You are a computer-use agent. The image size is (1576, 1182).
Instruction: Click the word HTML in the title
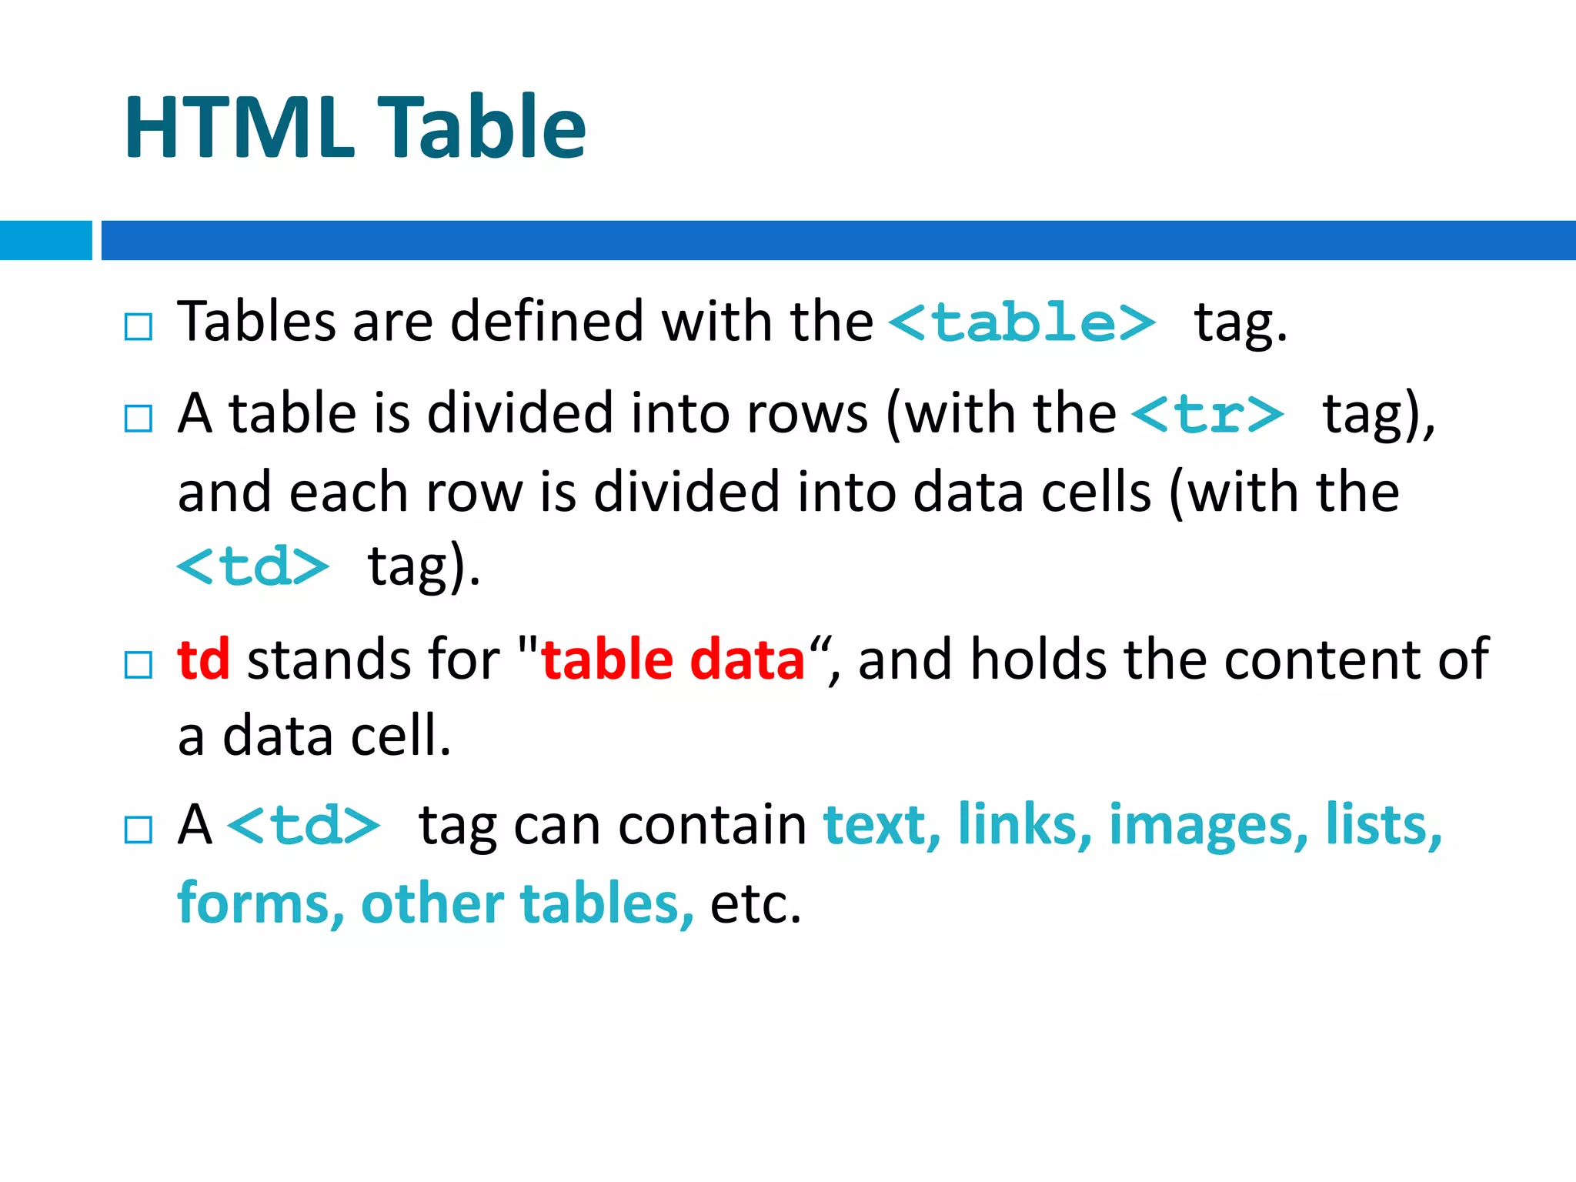(239, 127)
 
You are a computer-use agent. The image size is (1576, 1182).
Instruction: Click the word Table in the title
(485, 127)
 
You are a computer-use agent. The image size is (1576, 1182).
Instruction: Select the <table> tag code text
(1022, 322)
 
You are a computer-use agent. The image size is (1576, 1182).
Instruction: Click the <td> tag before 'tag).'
(253, 567)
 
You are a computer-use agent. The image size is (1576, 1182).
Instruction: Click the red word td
(203, 659)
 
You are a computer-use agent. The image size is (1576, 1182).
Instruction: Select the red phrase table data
(673, 659)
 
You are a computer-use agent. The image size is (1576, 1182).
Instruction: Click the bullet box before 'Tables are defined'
(139, 326)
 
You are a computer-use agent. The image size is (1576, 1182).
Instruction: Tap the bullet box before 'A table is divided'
(139, 419)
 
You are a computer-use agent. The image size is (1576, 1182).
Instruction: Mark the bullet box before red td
(139, 664)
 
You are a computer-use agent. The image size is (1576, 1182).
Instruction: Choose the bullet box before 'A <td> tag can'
(139, 830)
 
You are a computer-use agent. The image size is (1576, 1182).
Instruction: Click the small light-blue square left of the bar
(45, 240)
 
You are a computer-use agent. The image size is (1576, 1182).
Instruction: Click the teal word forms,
(260, 903)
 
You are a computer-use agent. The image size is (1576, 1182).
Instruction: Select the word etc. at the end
(755, 903)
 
